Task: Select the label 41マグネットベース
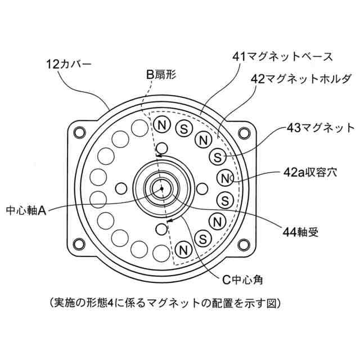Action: click(x=282, y=56)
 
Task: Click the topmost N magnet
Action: click(x=162, y=124)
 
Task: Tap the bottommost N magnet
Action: click(x=182, y=248)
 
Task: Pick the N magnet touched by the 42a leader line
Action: click(x=224, y=179)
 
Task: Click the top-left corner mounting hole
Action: click(x=78, y=132)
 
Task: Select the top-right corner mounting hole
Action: click(x=244, y=132)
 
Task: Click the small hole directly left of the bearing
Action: click(x=120, y=187)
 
